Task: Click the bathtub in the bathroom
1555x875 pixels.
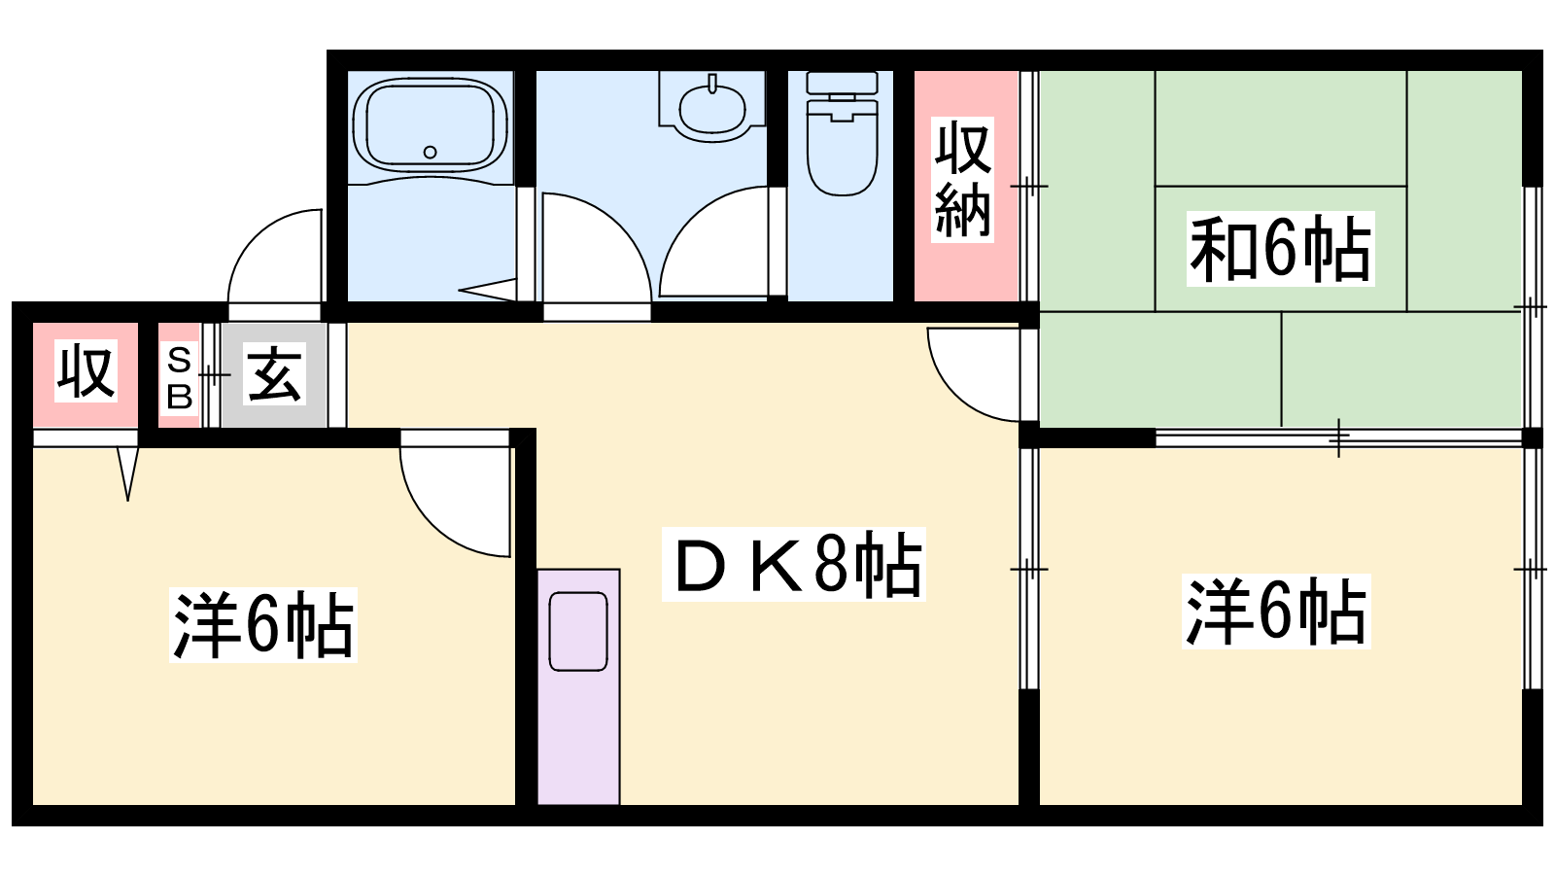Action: pyautogui.click(x=431, y=125)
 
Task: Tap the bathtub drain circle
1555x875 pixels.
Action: pyautogui.click(x=430, y=152)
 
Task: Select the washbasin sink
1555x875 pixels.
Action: pyautogui.click(x=712, y=109)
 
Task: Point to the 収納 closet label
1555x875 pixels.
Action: pyautogui.click(x=962, y=180)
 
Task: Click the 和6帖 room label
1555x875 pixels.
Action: pyautogui.click(x=1280, y=249)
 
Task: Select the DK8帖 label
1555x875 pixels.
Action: pyautogui.click(x=793, y=564)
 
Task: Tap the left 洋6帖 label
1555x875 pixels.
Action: pyautogui.click(x=263, y=625)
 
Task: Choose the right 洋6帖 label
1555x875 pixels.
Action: pyautogui.click(x=1276, y=612)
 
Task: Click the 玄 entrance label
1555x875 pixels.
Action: pyautogui.click(x=275, y=375)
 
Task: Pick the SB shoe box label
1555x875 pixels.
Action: pyautogui.click(x=180, y=379)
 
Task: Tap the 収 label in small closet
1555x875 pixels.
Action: pyautogui.click(x=86, y=371)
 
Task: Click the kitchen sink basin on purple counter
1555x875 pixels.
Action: pyautogui.click(x=578, y=631)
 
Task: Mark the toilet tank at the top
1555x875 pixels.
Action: pyautogui.click(x=842, y=84)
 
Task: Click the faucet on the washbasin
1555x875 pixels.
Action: pyautogui.click(x=712, y=84)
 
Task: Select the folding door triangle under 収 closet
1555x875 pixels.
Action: pyautogui.click(x=128, y=473)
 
